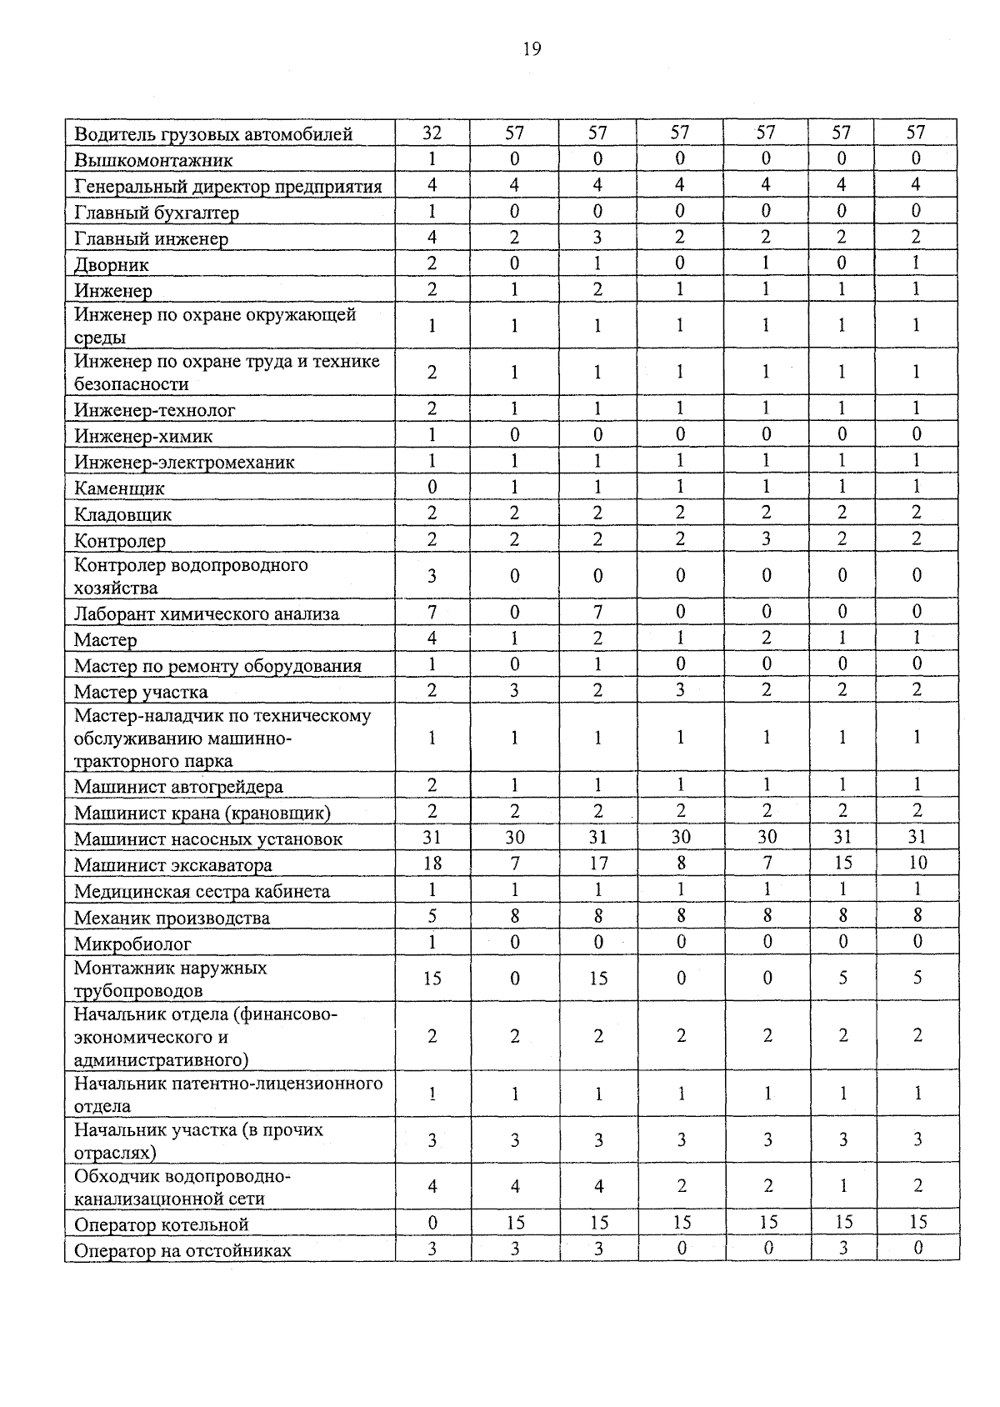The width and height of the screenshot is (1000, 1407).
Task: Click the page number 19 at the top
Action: tap(532, 49)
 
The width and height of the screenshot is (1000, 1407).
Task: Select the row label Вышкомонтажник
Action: tap(153, 160)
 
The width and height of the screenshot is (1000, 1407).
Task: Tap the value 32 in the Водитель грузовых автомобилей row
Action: tap(432, 133)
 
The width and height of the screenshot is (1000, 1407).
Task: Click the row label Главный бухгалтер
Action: tap(157, 213)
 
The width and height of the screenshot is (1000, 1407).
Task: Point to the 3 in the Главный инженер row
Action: tap(597, 238)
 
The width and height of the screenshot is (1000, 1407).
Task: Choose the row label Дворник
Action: tap(112, 265)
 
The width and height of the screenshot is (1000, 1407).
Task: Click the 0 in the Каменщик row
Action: tap(432, 487)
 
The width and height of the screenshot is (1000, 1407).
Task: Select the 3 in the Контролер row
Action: tap(766, 539)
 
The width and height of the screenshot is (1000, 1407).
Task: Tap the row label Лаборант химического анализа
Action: tap(207, 614)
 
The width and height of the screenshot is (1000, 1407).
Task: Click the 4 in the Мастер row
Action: tap(432, 638)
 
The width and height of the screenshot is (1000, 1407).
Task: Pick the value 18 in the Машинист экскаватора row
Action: tap(432, 864)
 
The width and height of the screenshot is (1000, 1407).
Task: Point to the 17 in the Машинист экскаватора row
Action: tap(597, 864)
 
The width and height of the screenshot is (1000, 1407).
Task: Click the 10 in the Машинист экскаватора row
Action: tap(917, 864)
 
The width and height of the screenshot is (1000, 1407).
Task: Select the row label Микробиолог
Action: tap(132, 944)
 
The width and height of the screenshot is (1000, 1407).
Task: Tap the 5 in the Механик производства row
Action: tap(432, 917)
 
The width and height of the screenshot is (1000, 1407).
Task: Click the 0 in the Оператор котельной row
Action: tap(432, 1223)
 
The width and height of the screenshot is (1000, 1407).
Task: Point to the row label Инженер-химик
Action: tap(143, 436)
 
